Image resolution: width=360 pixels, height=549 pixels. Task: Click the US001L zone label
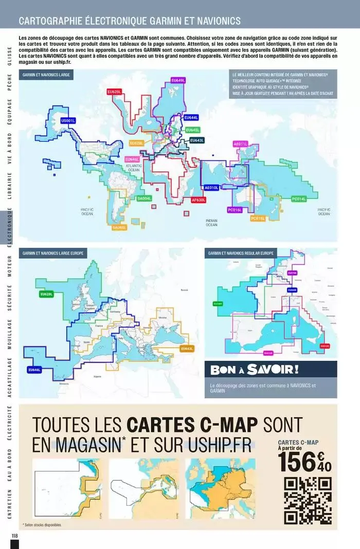click(x=68, y=121)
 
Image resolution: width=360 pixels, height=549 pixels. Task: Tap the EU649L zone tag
click(x=178, y=81)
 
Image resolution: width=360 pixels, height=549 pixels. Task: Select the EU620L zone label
click(x=114, y=91)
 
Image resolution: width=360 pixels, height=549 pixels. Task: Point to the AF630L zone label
click(x=198, y=199)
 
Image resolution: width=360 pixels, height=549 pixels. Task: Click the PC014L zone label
click(x=299, y=198)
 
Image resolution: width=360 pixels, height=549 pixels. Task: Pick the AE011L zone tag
click(x=241, y=144)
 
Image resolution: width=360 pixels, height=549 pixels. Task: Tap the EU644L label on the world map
click(x=191, y=118)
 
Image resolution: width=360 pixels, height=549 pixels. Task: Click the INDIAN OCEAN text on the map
click(x=211, y=223)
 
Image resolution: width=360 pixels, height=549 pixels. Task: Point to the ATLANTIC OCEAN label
click(x=134, y=168)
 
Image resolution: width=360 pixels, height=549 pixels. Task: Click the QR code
click(x=308, y=500)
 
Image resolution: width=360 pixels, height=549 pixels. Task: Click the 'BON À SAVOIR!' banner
click(x=255, y=369)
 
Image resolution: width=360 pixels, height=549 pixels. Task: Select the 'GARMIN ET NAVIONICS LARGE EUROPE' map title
click(x=53, y=253)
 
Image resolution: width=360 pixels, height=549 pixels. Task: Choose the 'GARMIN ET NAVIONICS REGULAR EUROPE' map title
click(x=241, y=253)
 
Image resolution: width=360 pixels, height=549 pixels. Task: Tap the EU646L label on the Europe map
click(x=34, y=370)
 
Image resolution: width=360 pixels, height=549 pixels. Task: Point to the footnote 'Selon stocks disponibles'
click(x=42, y=525)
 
